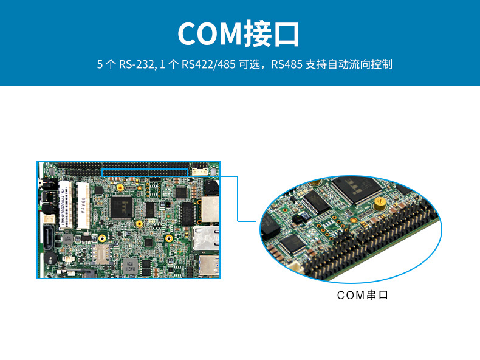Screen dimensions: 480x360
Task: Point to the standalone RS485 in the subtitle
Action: point(287,64)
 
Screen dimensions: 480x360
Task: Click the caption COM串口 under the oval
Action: point(362,295)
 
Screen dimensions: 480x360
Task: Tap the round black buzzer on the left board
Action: point(50,258)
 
